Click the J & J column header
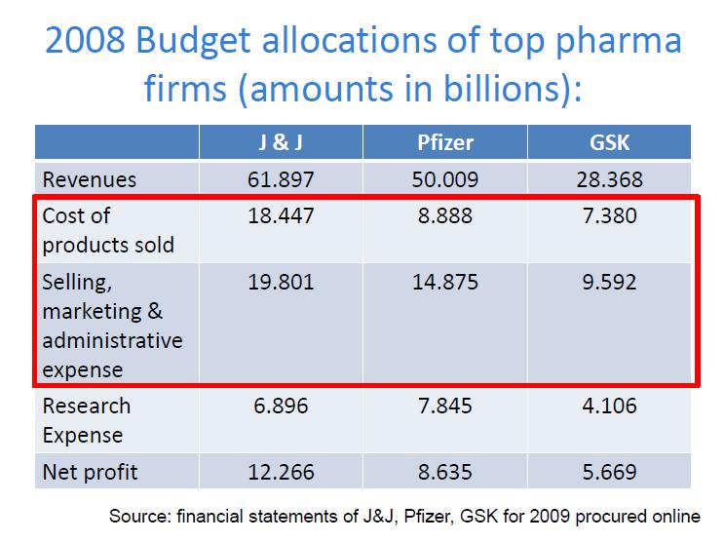[281, 143]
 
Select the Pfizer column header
[445, 143]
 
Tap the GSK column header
[610, 143]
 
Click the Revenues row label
[90, 179]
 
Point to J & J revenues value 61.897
[281, 179]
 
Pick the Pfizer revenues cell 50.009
[445, 179]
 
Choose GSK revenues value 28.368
[610, 179]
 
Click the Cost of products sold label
[108, 230]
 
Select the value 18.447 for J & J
[281, 216]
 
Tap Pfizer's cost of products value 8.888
[445, 216]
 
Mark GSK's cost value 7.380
[610, 216]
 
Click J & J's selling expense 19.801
[281, 283]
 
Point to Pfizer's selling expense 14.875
[445, 283]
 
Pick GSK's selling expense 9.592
[610, 283]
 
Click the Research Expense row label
[87, 420]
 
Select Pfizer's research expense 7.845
[445, 406]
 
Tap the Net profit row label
[91, 473]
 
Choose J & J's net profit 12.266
[281, 473]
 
